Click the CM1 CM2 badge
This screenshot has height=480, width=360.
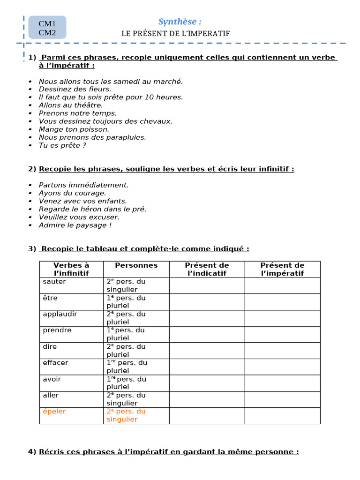pos(47,27)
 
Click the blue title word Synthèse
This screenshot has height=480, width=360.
pos(180,22)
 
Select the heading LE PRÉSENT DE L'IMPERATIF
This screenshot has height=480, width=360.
pos(176,33)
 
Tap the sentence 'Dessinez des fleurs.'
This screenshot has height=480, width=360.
pos(75,89)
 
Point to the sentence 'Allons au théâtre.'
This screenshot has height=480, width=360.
pos(71,105)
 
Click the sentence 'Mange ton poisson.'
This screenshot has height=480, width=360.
pos(74,129)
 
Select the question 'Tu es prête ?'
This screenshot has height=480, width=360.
pos(62,145)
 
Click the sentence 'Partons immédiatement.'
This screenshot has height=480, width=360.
pos(83,185)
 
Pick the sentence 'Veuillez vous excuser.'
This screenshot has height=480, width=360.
pos(79,217)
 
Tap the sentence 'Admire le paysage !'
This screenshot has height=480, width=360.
pos(75,225)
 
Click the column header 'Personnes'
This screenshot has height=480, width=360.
pos(136,265)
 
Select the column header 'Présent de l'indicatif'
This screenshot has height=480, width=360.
pos(207,269)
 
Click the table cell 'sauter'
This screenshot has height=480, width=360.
pos(54,282)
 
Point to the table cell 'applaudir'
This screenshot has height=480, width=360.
pos(60,314)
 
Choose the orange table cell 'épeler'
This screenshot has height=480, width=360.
pos(54,411)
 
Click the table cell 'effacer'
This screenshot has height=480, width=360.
pos(55,363)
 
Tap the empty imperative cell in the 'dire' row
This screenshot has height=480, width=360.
pos(282,350)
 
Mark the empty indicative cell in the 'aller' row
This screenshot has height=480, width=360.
pos(207,399)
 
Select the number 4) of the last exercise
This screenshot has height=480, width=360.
pos(32,452)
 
